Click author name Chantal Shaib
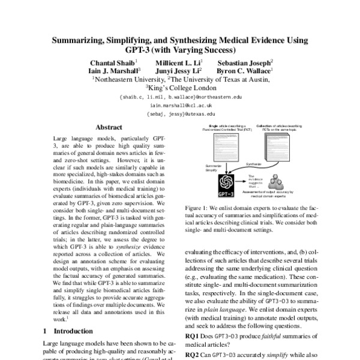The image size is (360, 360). coord(113,62)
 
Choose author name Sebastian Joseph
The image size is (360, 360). coord(244,62)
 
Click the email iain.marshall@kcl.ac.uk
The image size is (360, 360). coord(180,104)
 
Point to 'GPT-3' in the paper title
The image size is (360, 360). coord(155,50)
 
